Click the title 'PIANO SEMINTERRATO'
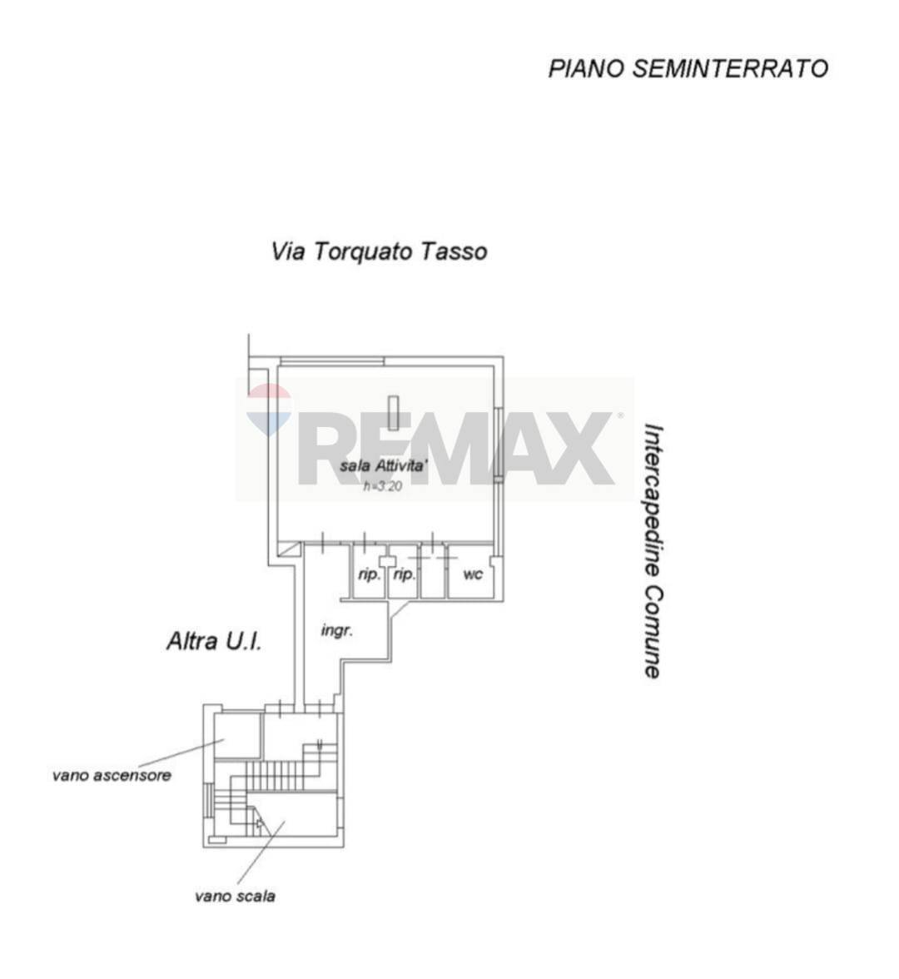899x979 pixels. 688,68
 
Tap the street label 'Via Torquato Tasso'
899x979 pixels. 379,251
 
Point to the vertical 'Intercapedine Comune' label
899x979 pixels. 653,551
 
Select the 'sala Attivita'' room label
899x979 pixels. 385,466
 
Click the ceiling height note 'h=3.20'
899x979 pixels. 383,486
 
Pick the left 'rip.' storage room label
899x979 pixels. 368,574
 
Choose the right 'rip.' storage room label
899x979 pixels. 404,574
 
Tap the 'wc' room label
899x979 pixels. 472,574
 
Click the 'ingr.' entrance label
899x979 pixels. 337,630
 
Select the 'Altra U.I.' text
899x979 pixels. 214,641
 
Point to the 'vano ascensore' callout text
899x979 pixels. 112,775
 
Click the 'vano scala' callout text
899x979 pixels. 235,896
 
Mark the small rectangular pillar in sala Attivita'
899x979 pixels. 394,412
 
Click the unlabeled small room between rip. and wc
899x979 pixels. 432,574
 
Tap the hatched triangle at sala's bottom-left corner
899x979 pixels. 289,549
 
